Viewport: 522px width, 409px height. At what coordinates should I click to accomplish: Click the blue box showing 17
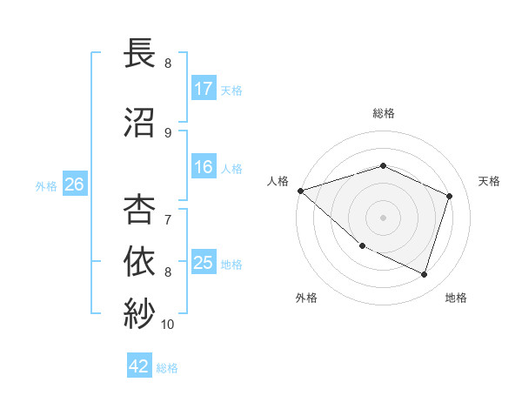[204, 89]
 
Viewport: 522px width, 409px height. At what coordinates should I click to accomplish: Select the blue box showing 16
[204, 168]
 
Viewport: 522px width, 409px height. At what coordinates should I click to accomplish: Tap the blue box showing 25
[204, 263]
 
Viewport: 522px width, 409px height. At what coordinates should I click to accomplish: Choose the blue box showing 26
[74, 184]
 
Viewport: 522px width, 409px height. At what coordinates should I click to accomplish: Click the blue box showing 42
[139, 367]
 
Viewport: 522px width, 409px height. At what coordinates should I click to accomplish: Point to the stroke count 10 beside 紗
[167, 325]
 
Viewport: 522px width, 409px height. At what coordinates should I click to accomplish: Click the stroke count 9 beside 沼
[167, 133]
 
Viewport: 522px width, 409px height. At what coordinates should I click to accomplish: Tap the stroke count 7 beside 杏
[167, 211]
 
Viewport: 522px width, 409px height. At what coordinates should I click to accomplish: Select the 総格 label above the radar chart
[383, 114]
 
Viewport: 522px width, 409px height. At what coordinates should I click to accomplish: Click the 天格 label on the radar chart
[489, 181]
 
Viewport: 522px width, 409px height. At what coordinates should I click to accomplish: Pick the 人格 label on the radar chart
[278, 181]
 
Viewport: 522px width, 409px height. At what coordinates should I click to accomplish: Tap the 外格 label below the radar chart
[306, 298]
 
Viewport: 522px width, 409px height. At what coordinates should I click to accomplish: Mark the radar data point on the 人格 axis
[300, 191]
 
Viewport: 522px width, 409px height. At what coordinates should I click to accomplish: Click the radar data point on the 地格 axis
[424, 275]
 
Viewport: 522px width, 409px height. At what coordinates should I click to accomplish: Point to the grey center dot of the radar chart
[383, 218]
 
